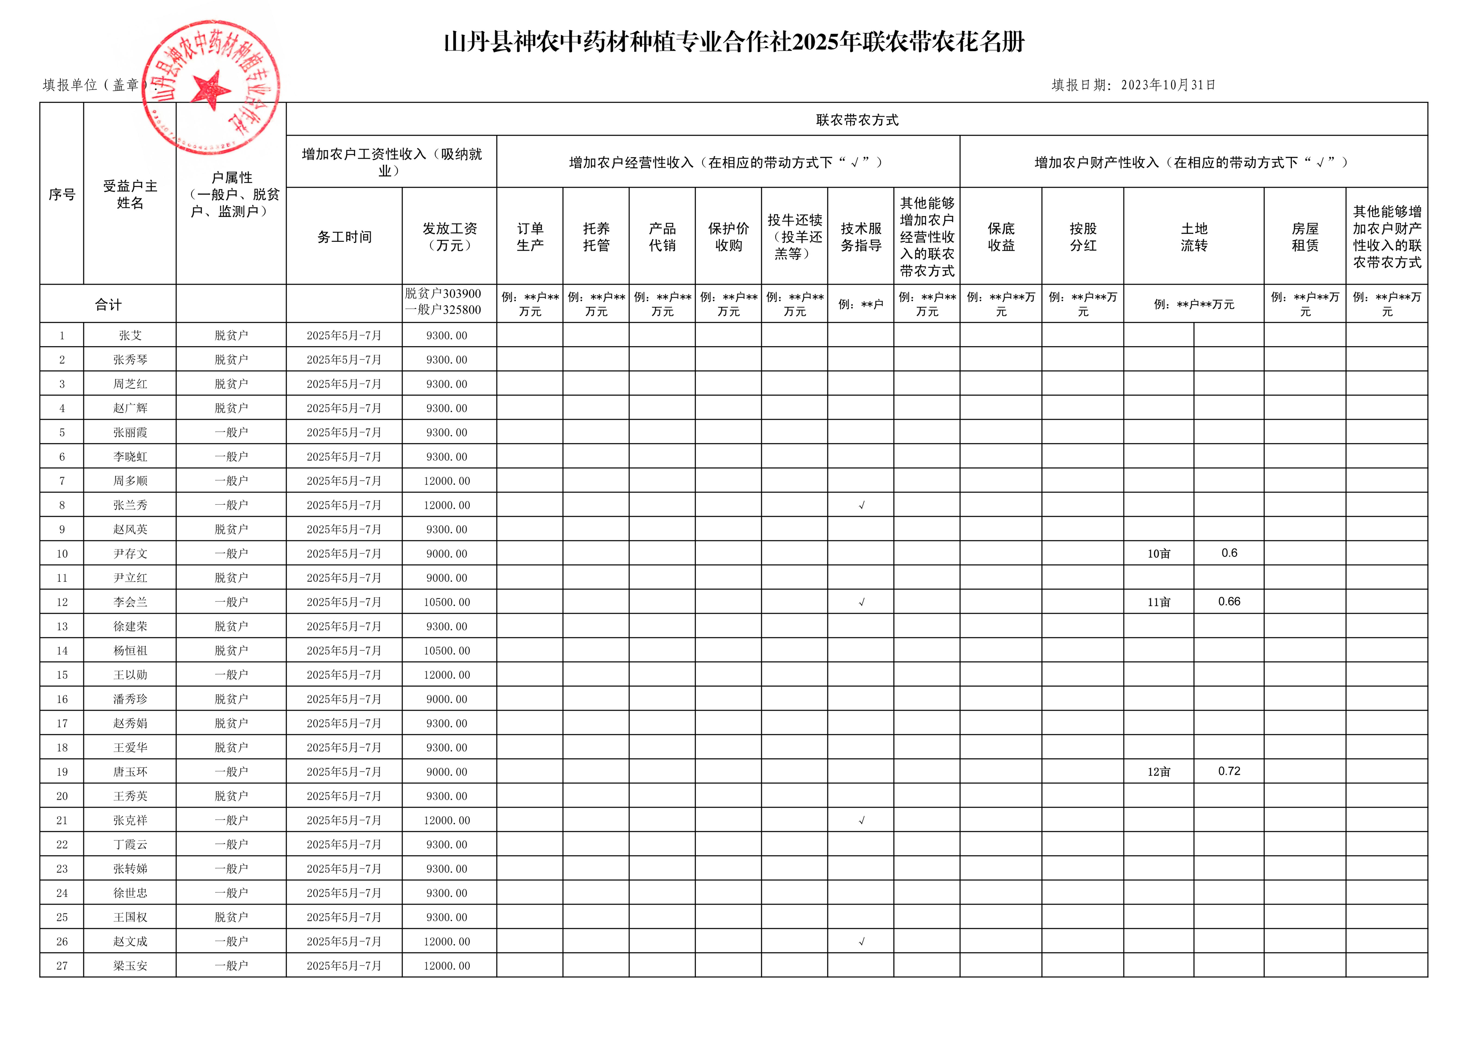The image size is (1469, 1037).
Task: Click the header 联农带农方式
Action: tap(857, 120)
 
